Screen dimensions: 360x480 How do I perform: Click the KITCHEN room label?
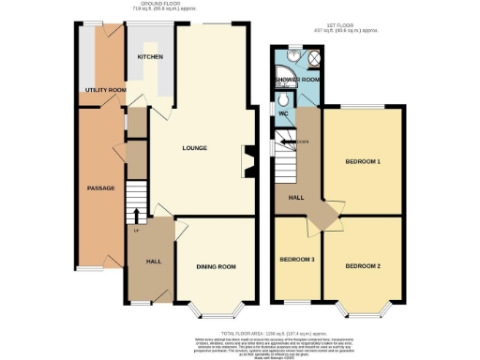pos(150,57)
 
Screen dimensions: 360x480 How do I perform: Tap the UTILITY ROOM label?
pos(104,89)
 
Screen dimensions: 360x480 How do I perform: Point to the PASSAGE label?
pos(100,188)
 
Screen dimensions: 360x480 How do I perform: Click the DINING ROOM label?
pos(215,267)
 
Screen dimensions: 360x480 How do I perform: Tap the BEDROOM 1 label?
pos(363,162)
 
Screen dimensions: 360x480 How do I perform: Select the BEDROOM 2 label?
pos(362,266)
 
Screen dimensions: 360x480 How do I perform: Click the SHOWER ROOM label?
pos(298,80)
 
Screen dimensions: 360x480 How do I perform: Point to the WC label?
pos(283,113)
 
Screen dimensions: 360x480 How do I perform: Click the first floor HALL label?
pos(293,197)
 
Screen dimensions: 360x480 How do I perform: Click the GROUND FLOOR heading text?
pos(158,5)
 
